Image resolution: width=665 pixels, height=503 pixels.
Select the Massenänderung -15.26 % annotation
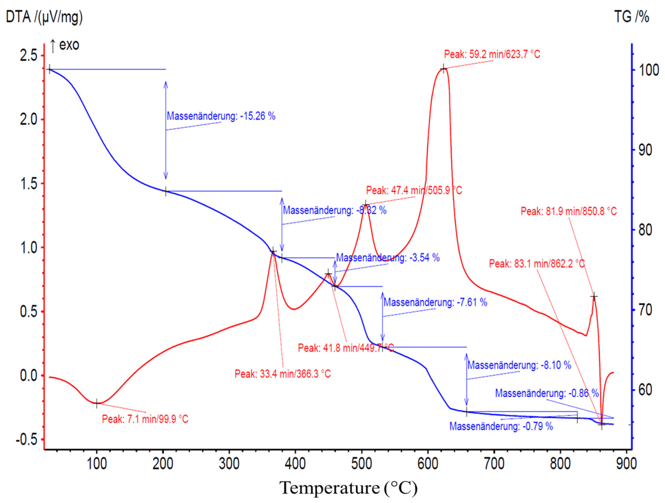pyautogui.click(x=221, y=116)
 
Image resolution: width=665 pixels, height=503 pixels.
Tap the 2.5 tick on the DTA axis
pyautogui.click(x=28, y=56)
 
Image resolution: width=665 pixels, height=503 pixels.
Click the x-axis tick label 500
pyautogui.click(x=362, y=464)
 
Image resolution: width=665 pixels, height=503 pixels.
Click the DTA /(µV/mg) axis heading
pyautogui.click(x=44, y=17)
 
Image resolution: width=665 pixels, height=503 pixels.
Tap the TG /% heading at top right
pyautogui.click(x=631, y=17)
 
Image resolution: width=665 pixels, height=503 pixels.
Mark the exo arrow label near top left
pyautogui.click(x=65, y=45)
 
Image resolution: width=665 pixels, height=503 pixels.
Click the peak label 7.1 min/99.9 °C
pyautogui.click(x=145, y=419)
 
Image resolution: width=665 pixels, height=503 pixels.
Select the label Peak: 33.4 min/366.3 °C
pyautogui.click(x=283, y=374)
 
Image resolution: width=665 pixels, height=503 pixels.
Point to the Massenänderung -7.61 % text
pyautogui.click(x=435, y=302)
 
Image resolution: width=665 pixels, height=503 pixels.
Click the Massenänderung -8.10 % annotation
pyautogui.click(x=519, y=365)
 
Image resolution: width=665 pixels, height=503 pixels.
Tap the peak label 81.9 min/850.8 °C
pyautogui.click(x=569, y=211)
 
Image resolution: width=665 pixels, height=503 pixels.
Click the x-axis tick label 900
pyautogui.click(x=626, y=464)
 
